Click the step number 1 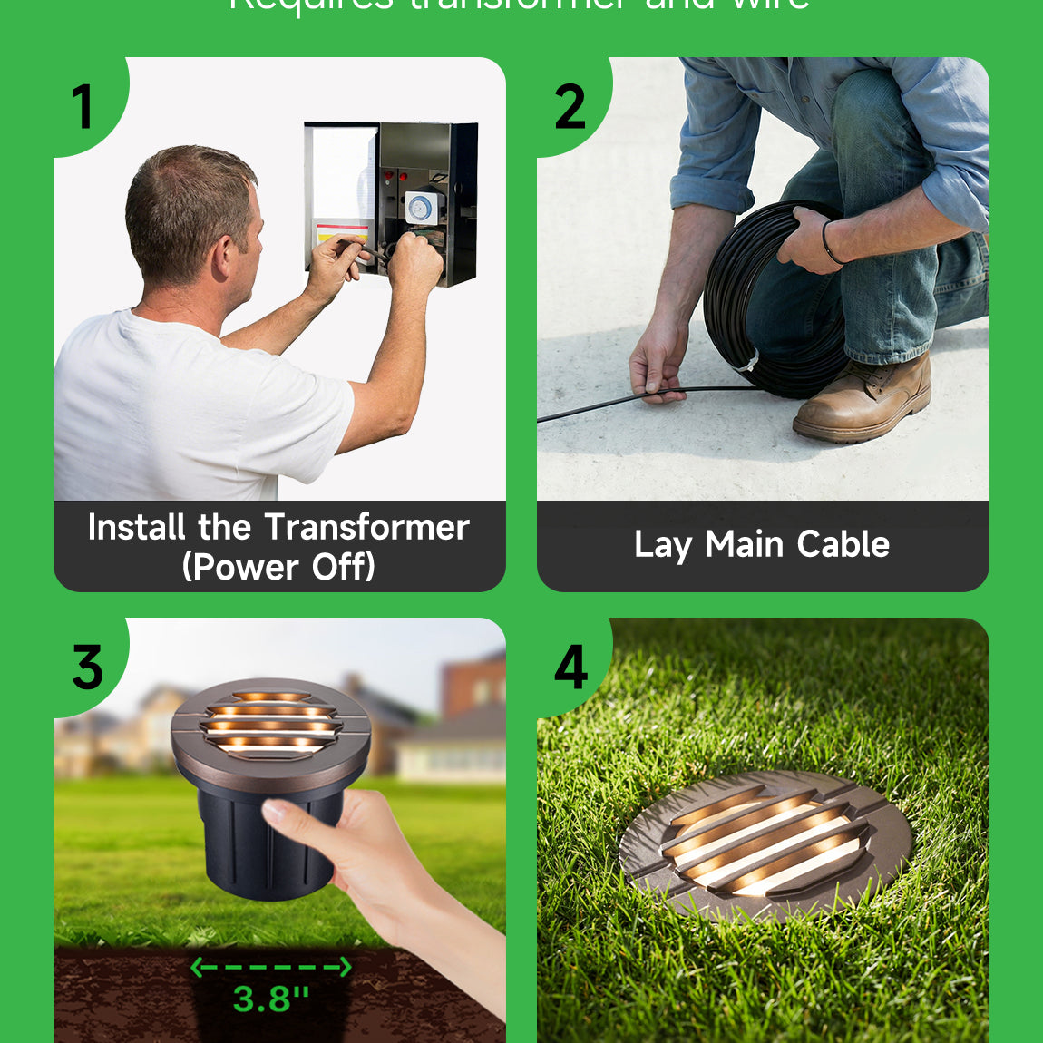point(83,107)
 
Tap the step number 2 point(570,107)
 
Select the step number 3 point(87,668)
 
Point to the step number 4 point(570,668)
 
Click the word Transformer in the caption point(367,527)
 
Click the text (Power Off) point(278,567)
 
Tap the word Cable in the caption point(843,544)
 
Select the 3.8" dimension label point(270,999)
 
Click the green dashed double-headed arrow point(270,968)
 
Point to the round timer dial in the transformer point(419,209)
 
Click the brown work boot point(866,399)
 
